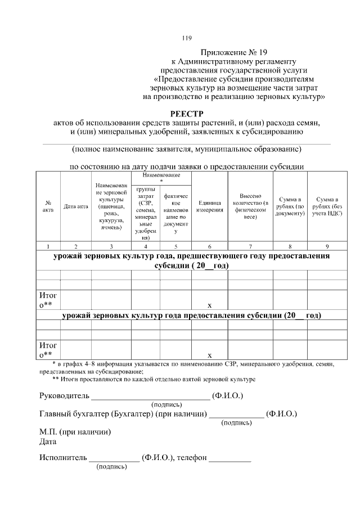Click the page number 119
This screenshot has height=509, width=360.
(x=187, y=38)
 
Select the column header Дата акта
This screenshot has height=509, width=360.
(x=76, y=206)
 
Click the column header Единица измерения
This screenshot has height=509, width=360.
(x=210, y=206)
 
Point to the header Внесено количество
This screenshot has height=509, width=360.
(x=250, y=206)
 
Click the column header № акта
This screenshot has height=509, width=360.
(x=48, y=206)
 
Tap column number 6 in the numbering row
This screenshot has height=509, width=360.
(x=210, y=246)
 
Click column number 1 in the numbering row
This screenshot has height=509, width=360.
(x=48, y=246)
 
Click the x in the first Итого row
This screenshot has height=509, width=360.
(x=210, y=305)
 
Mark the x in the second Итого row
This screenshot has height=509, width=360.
(x=210, y=355)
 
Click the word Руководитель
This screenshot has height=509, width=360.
(x=65, y=396)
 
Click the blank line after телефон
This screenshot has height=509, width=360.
(x=230, y=459)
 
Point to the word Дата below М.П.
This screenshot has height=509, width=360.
(x=48, y=442)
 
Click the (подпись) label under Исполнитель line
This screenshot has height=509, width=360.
(x=112, y=467)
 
